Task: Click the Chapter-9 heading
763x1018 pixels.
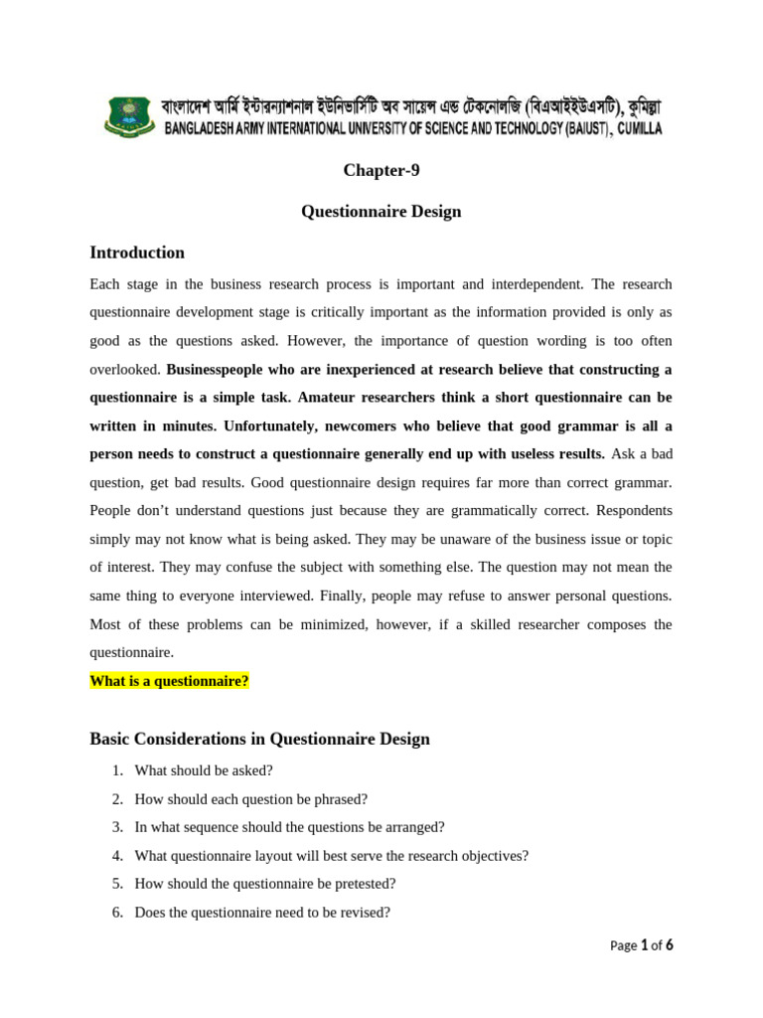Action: click(x=381, y=170)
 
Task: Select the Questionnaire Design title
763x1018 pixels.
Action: click(x=381, y=212)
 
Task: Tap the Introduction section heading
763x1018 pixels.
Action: click(x=137, y=253)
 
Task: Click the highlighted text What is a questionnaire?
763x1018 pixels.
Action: click(x=169, y=681)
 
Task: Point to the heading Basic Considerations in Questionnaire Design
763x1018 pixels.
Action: click(x=259, y=739)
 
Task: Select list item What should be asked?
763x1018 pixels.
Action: click(x=204, y=769)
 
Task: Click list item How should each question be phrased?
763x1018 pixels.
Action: click(x=250, y=798)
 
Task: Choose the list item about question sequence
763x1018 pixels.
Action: click(x=289, y=826)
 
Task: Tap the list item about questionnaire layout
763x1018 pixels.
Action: click(x=331, y=855)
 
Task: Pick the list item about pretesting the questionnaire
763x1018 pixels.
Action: click(x=265, y=883)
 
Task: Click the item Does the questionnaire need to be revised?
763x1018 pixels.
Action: click(x=262, y=912)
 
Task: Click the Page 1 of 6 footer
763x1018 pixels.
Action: click(x=642, y=945)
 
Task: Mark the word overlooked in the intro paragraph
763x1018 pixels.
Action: click(x=124, y=369)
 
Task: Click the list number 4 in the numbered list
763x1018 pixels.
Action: click(x=116, y=855)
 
